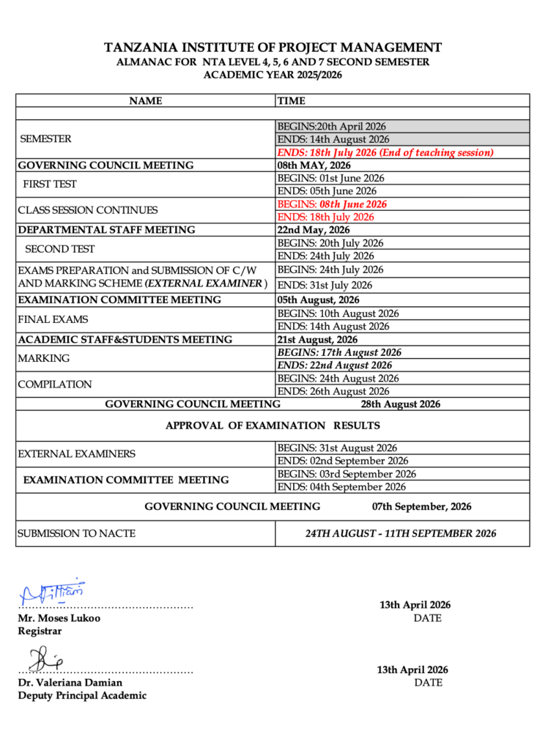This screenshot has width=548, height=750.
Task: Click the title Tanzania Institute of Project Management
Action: [x=273, y=48]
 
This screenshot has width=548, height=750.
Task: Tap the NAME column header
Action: [x=146, y=101]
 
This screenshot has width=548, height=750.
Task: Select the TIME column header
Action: [x=292, y=101]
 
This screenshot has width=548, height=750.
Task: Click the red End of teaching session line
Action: [x=385, y=152]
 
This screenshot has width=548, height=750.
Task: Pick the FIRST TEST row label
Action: [x=50, y=185]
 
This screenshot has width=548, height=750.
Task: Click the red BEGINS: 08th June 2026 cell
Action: [x=332, y=204]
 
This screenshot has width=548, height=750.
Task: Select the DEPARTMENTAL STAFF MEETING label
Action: [x=106, y=230]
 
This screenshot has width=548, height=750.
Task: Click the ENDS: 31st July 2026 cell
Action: [x=325, y=285]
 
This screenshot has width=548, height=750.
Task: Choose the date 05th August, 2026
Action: [x=318, y=300]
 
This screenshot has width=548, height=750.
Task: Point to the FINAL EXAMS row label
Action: [x=53, y=319]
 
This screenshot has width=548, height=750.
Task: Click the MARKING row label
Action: [x=44, y=359]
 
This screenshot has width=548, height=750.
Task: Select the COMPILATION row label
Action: [x=55, y=385]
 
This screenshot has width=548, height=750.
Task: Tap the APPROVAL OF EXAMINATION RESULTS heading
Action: [x=273, y=426]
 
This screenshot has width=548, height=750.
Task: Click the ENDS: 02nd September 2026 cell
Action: [x=343, y=461]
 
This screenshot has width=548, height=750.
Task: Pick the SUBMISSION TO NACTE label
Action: [x=77, y=533]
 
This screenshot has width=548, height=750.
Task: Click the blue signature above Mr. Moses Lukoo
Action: [x=53, y=592]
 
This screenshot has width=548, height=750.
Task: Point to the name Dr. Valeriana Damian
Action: [x=70, y=683]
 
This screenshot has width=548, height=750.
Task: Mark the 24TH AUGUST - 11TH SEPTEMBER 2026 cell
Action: [x=401, y=533]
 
